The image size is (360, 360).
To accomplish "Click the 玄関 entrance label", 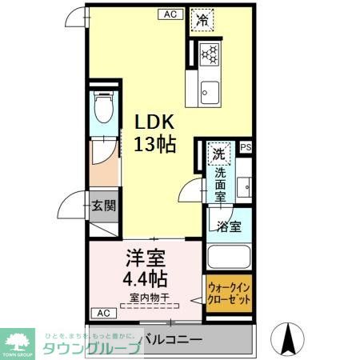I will click(x=102, y=205).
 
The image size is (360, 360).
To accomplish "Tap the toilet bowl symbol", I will click(x=102, y=106).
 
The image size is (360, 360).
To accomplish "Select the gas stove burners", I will click(x=209, y=54).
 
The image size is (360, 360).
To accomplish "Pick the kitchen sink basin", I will click(x=210, y=92).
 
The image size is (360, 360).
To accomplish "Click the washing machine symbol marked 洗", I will click(x=218, y=151).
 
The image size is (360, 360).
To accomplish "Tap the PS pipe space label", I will click(x=245, y=147).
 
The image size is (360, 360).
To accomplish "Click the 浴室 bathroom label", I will click(x=230, y=226).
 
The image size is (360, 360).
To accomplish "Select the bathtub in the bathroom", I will click(x=230, y=258).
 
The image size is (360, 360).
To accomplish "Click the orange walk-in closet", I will click(x=229, y=297).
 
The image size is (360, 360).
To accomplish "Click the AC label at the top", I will click(x=170, y=14).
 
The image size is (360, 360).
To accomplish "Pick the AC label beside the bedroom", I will click(x=102, y=312).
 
